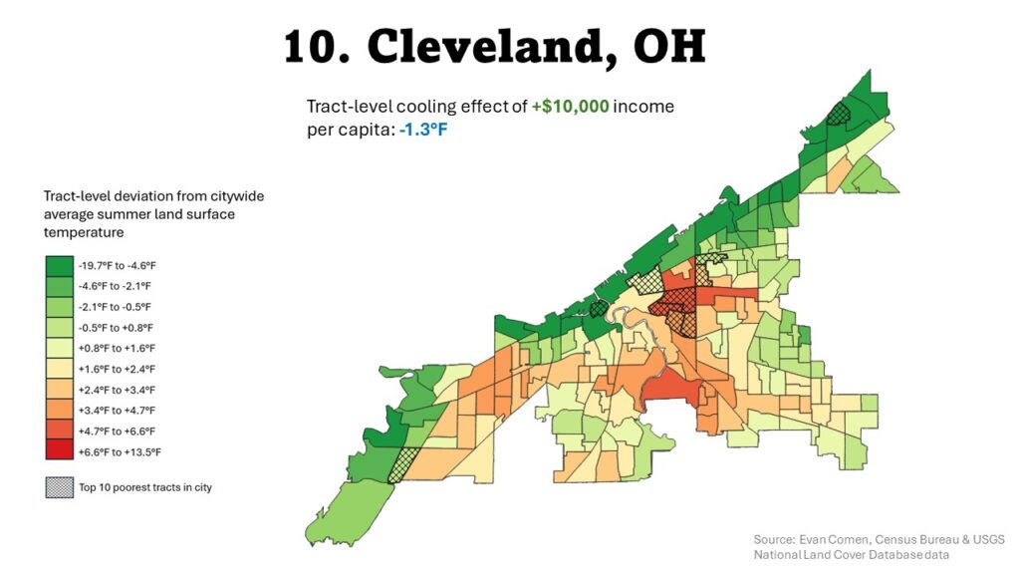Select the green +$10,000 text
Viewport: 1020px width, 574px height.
pyautogui.click(x=570, y=106)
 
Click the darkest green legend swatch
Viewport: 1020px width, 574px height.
pyautogui.click(x=59, y=265)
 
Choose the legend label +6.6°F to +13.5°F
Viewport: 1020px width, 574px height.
pyautogui.click(x=120, y=451)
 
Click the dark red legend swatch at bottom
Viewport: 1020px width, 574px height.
pyautogui.click(x=59, y=451)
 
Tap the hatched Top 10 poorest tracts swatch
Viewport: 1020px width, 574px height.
pyautogui.click(x=59, y=487)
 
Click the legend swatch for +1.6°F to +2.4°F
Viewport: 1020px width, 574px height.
pyautogui.click(x=59, y=369)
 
